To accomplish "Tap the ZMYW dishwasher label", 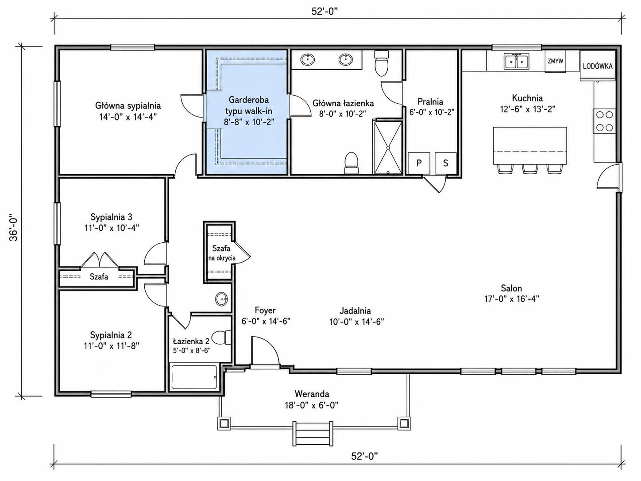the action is point(555,61).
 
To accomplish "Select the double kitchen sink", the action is point(516,61).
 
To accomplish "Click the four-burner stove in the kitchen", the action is point(604,121).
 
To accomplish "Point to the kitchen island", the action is point(530,145).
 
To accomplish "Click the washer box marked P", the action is point(419,163).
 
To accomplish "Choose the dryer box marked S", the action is point(446,163).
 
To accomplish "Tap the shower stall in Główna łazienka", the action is point(388,147).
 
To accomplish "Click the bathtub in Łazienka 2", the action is point(193,377).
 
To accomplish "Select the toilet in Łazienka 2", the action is point(221,337).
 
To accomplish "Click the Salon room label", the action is point(511,288).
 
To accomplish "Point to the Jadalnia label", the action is point(355,310).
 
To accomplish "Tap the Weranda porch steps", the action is point(313,434).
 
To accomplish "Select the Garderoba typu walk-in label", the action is point(249,105).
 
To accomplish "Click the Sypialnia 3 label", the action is point(111,217).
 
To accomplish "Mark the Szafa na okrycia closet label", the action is point(222,253).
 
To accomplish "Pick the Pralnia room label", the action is point(430,101).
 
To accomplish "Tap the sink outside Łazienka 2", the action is point(222,299).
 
